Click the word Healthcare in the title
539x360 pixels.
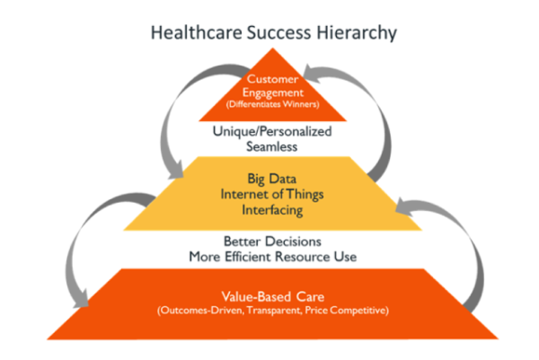(197, 32)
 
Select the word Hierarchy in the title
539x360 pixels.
(357, 33)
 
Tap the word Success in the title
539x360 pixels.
(279, 32)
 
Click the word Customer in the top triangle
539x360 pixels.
(272, 79)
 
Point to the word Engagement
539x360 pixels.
(273, 92)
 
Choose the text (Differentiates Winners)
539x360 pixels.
(272, 104)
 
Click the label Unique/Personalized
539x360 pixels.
(272, 131)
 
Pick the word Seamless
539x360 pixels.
(272, 146)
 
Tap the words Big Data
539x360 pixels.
(272, 179)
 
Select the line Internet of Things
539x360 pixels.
(272, 195)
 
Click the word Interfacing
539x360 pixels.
(272, 210)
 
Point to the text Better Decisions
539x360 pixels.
(272, 241)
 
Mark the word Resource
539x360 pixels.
(303, 257)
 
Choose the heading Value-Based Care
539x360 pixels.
(273, 296)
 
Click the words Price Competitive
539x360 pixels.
(347, 311)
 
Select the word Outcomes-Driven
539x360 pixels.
(200, 311)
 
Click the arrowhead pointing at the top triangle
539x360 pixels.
(311, 74)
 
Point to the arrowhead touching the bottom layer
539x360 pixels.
(82, 298)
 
